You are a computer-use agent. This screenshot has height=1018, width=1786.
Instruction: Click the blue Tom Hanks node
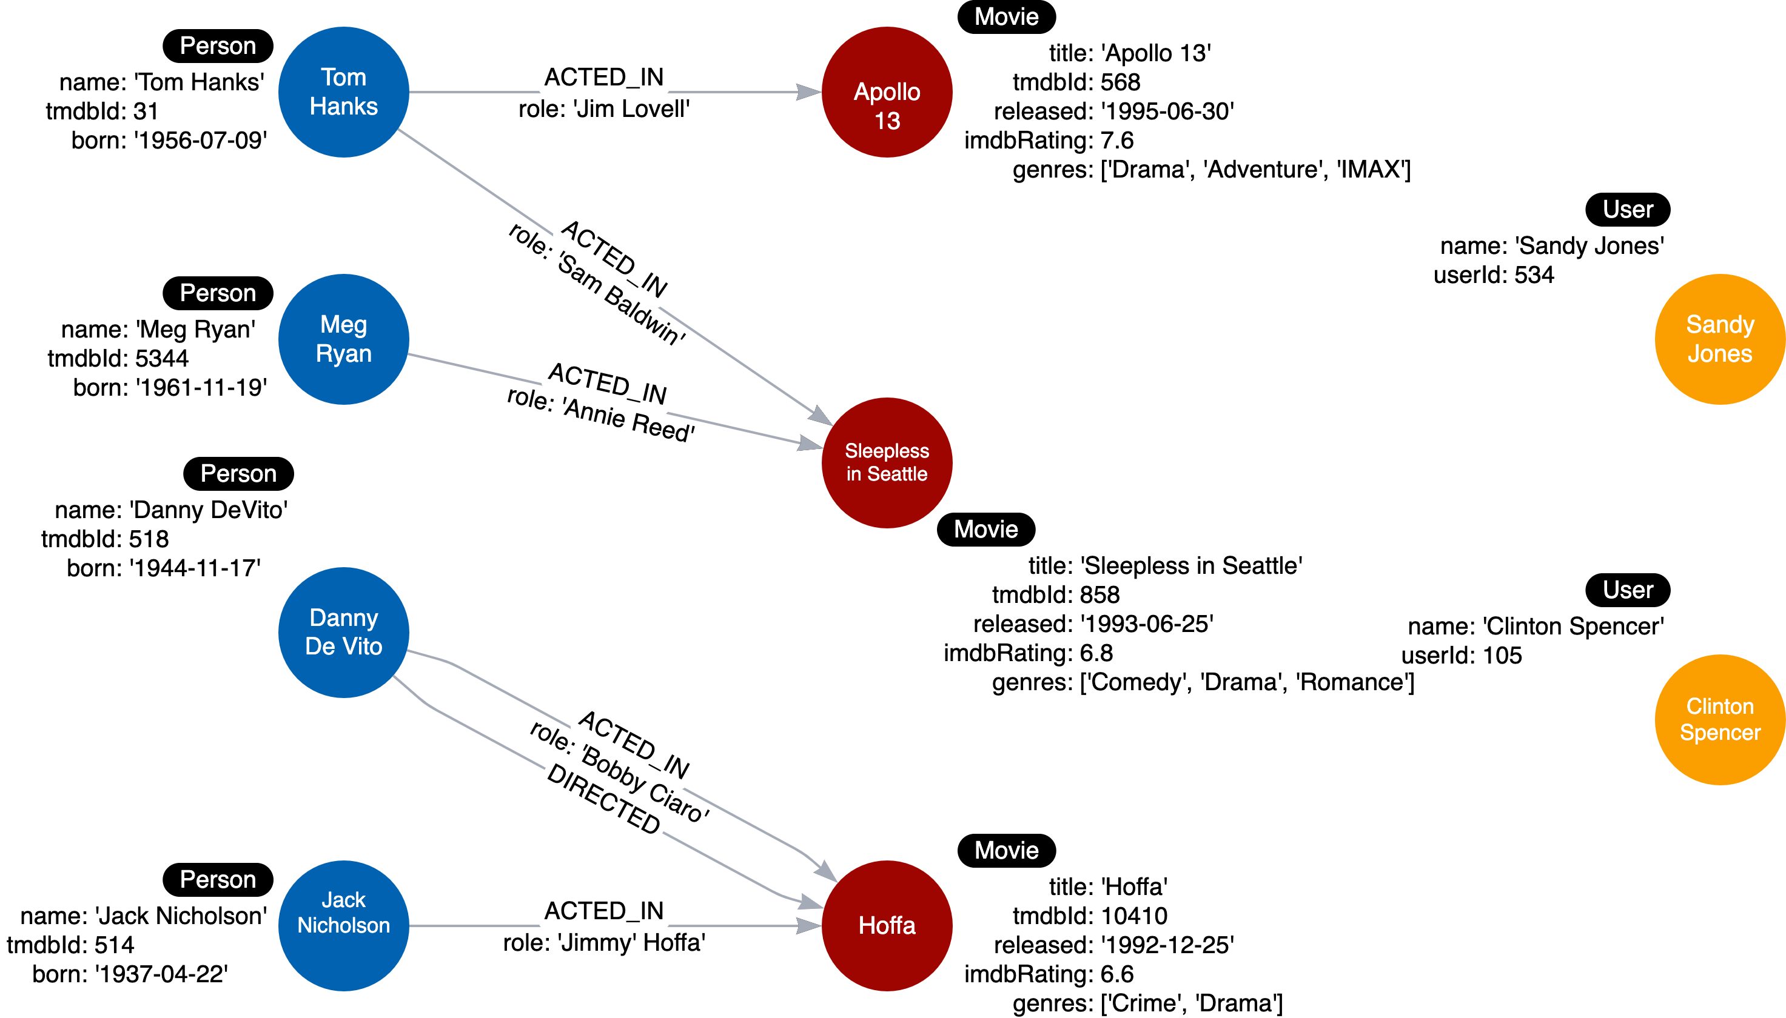point(343,91)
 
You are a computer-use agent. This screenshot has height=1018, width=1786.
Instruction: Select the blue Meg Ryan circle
point(343,339)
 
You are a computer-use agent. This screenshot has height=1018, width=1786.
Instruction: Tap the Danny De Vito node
point(343,632)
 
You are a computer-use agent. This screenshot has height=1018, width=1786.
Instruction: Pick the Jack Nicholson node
point(343,925)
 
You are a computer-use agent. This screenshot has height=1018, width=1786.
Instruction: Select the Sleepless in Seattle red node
point(887,462)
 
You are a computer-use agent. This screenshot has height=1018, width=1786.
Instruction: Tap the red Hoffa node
point(887,925)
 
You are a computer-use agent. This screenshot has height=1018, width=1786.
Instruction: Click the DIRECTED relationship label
point(603,799)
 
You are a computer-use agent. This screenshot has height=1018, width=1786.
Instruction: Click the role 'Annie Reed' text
point(600,414)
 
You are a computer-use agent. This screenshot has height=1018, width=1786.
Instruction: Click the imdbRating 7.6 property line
point(1049,141)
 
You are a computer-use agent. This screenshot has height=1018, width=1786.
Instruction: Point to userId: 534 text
point(1493,274)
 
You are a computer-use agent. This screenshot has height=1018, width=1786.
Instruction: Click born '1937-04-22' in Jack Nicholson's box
point(130,974)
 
